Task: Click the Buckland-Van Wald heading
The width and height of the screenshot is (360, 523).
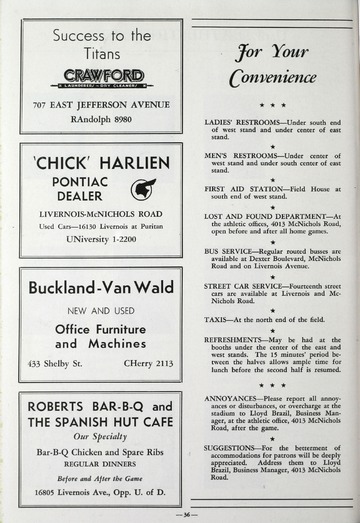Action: [100, 287]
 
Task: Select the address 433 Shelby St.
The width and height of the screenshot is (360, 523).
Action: [57, 362]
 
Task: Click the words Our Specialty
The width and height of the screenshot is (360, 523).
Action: [100, 437]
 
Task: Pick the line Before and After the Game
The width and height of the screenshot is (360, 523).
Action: [100, 478]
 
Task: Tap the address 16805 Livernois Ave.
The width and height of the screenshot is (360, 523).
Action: [100, 493]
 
